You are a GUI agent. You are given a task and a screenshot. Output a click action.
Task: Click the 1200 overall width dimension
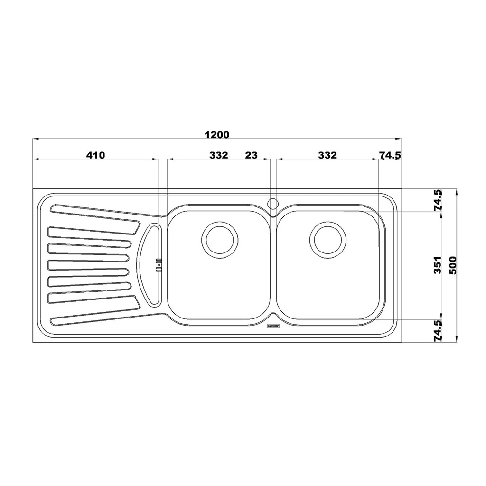(x=217, y=135)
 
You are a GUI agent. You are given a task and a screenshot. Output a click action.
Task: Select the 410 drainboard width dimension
(x=96, y=155)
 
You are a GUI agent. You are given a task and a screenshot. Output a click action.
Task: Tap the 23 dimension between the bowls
(x=252, y=155)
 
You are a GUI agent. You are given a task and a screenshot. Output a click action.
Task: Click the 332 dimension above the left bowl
(x=218, y=155)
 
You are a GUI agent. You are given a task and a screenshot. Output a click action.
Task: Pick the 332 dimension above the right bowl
(x=327, y=155)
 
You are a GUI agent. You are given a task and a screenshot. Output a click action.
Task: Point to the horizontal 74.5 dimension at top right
(x=390, y=155)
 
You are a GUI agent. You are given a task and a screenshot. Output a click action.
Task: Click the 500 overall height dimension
(x=453, y=265)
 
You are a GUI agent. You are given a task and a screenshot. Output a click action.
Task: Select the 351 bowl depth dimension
(x=437, y=265)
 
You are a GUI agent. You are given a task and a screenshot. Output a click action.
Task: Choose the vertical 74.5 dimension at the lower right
(x=438, y=331)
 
